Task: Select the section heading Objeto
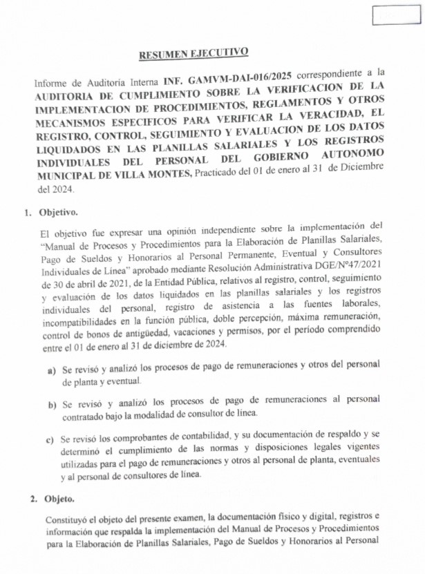pyautogui.click(x=59, y=498)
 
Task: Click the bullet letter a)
pyautogui.click(x=52, y=370)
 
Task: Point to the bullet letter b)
pyautogui.click(x=52, y=403)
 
